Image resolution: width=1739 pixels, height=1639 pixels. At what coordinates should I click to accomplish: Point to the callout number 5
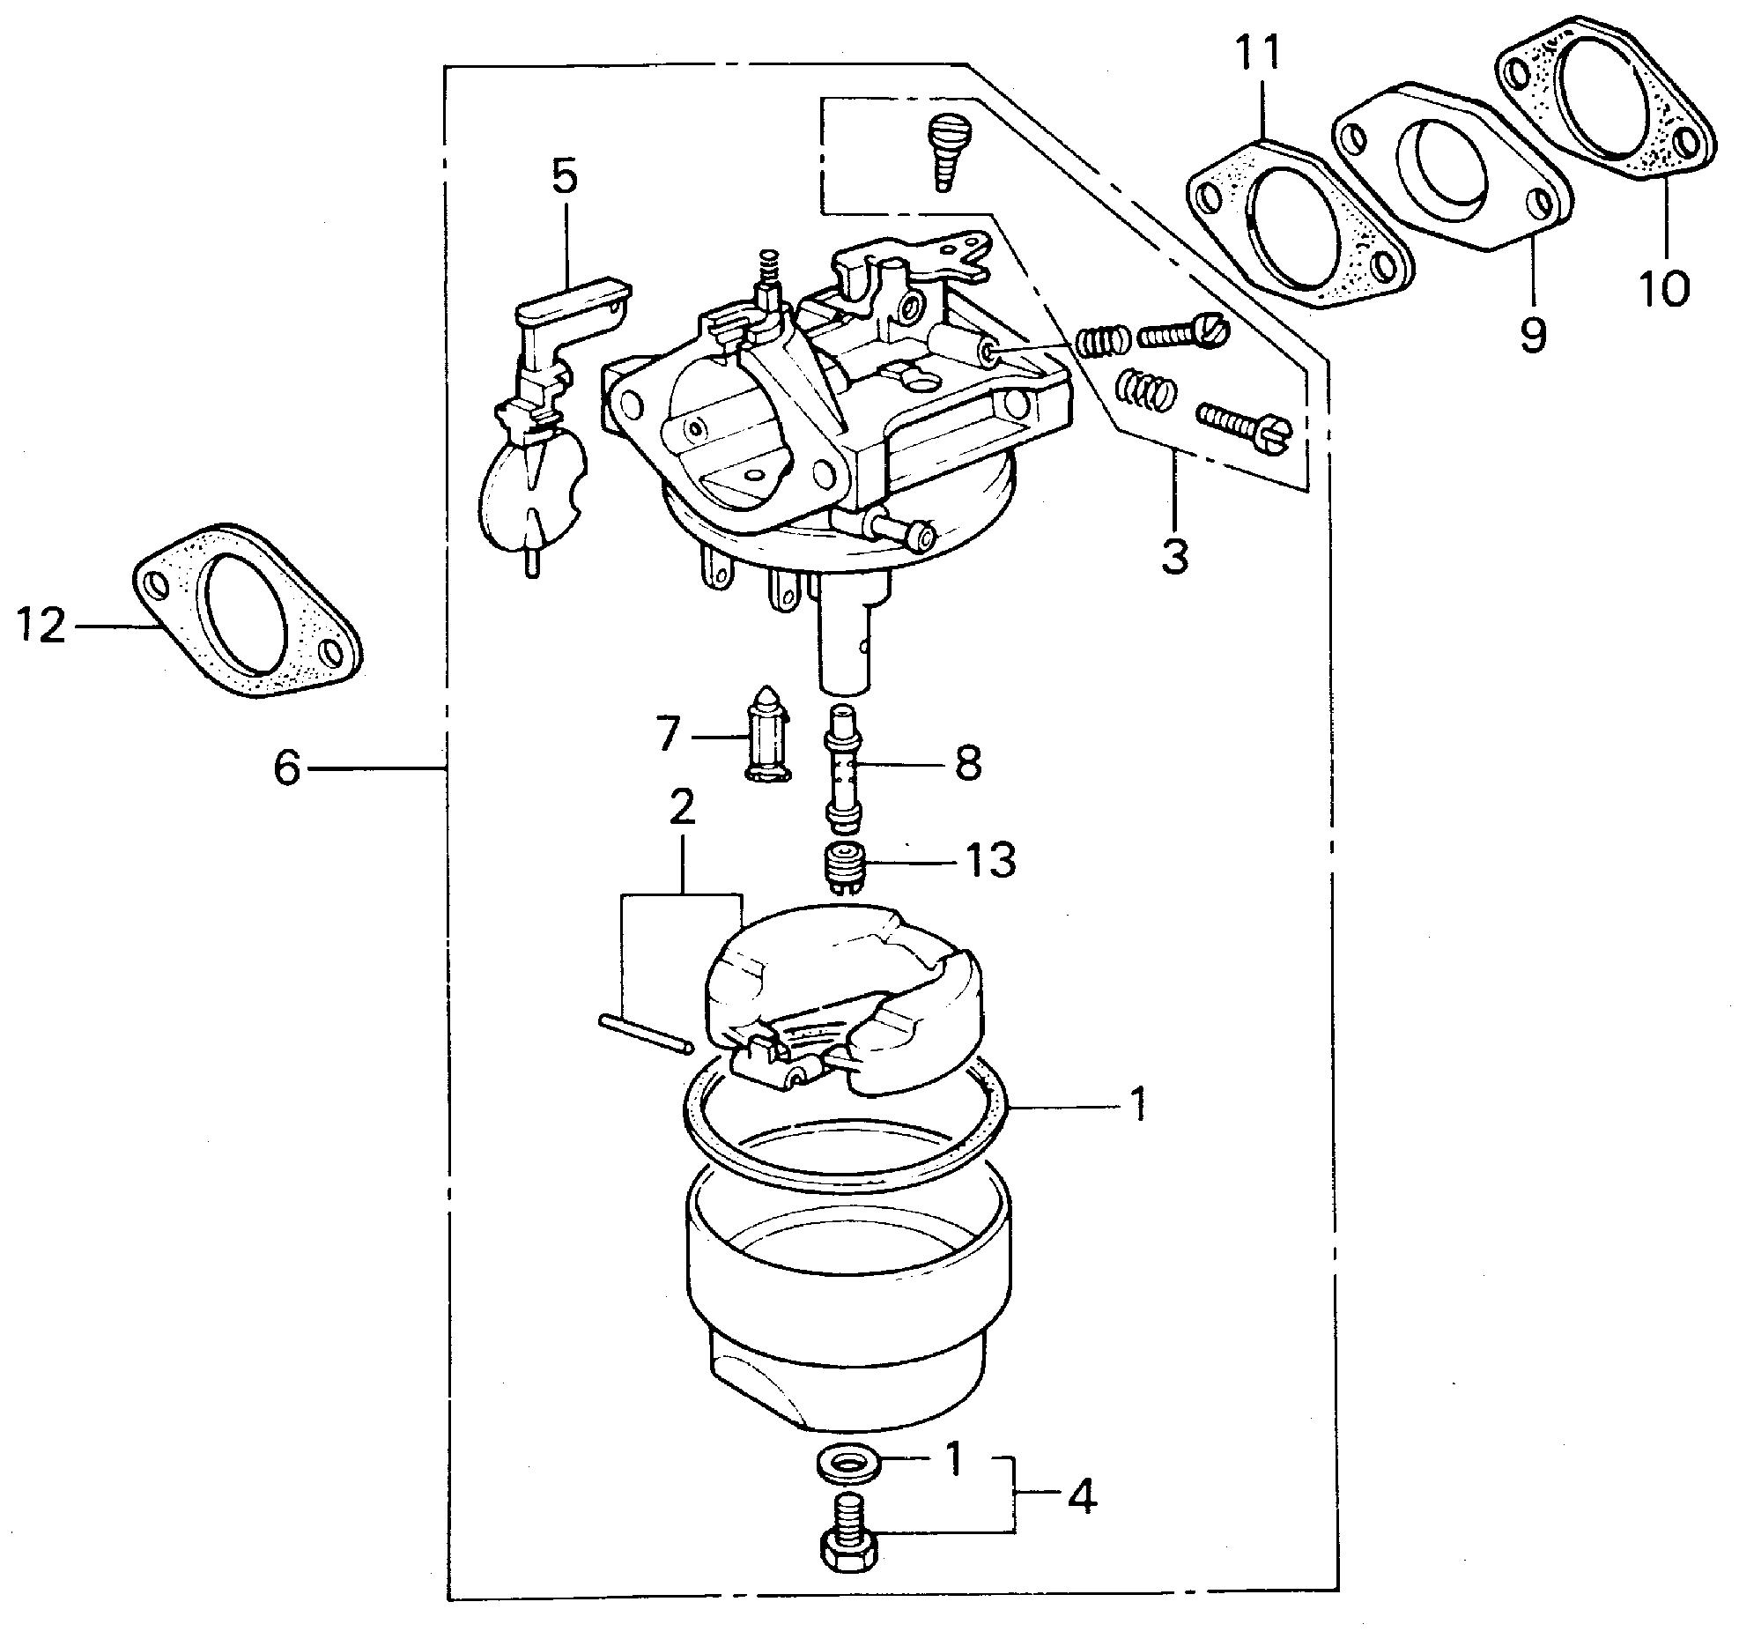(564, 177)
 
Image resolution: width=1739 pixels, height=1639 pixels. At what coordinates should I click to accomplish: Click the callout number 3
(1174, 557)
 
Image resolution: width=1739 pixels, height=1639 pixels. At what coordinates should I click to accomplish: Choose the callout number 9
(1532, 335)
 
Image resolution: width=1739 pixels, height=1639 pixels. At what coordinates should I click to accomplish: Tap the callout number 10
(1664, 287)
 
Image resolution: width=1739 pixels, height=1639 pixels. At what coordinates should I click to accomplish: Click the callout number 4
(1083, 1497)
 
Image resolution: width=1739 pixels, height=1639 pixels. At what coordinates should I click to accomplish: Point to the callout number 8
(966, 763)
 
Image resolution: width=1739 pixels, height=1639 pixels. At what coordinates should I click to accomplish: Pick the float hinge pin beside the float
(647, 1033)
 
